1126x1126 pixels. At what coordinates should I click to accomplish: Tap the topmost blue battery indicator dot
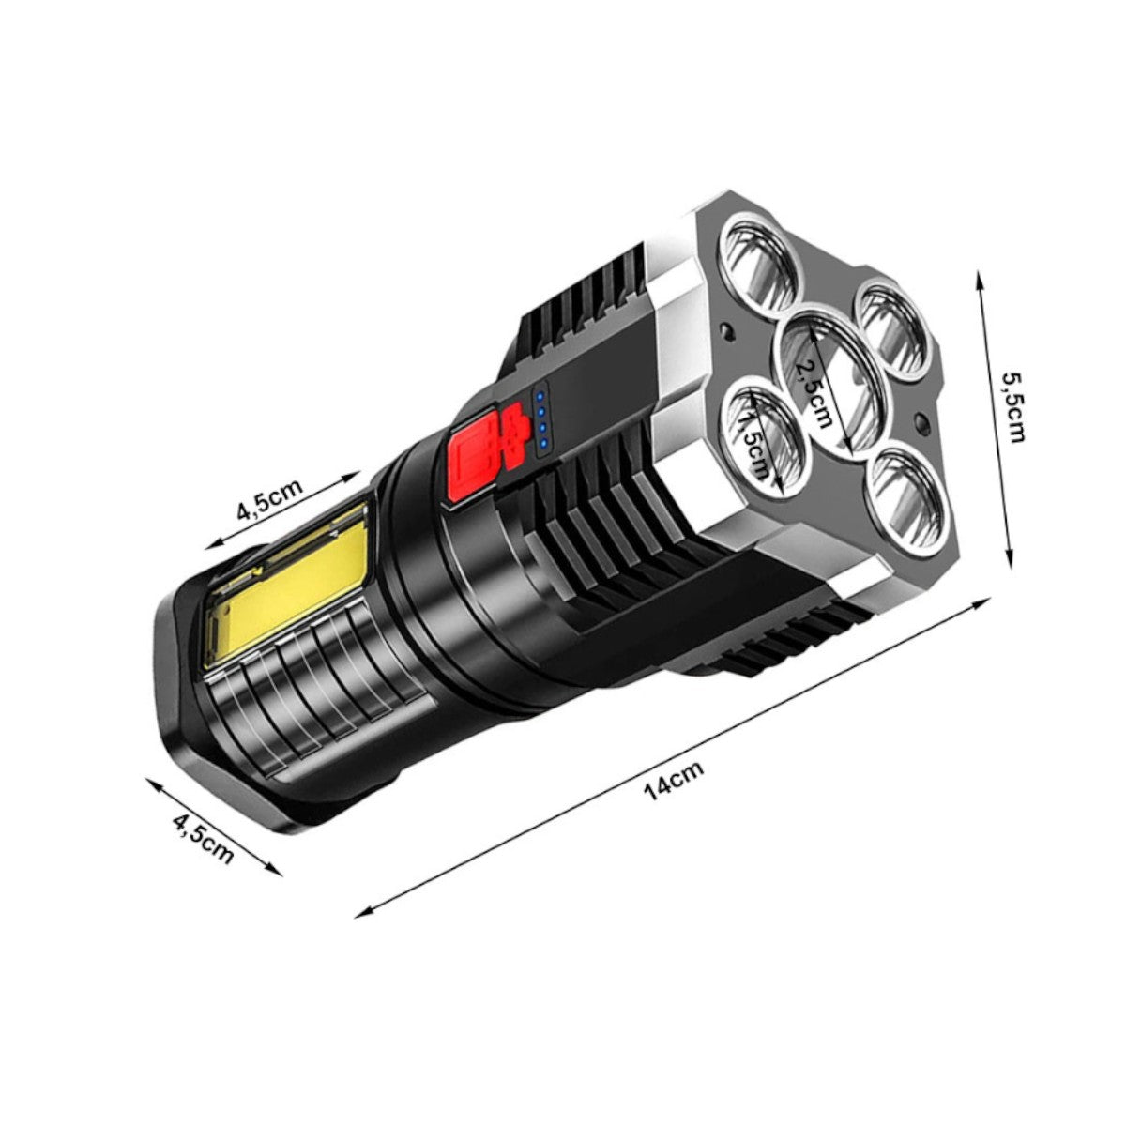click(x=541, y=398)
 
